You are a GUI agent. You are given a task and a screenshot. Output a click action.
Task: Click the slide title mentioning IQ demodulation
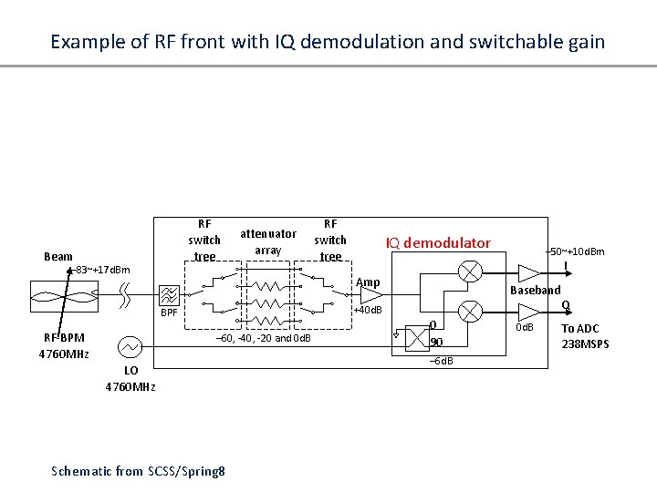point(328,42)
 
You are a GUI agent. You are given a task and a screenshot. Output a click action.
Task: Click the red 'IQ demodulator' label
point(437,243)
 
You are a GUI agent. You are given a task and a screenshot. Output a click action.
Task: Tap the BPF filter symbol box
point(170,295)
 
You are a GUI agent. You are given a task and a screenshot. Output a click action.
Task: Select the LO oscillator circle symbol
point(130,346)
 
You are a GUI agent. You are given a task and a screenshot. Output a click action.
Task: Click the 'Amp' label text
point(368,282)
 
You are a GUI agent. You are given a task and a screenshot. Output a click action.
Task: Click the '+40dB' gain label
point(367,311)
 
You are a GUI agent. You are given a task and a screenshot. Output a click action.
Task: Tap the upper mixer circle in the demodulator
point(471,271)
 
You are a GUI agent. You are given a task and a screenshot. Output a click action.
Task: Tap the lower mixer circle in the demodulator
point(471,312)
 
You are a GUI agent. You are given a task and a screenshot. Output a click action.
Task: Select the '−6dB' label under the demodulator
point(441,362)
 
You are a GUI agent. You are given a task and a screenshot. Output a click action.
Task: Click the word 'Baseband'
point(536,290)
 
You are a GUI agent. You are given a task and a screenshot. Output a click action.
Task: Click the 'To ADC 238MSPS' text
point(585,335)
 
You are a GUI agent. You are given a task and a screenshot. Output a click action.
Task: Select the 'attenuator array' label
point(267,241)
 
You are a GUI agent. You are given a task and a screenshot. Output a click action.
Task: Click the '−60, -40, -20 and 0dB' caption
point(262,339)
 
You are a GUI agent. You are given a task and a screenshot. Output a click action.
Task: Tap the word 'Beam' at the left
point(58,256)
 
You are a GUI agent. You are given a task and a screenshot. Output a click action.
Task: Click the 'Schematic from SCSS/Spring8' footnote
point(140,470)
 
